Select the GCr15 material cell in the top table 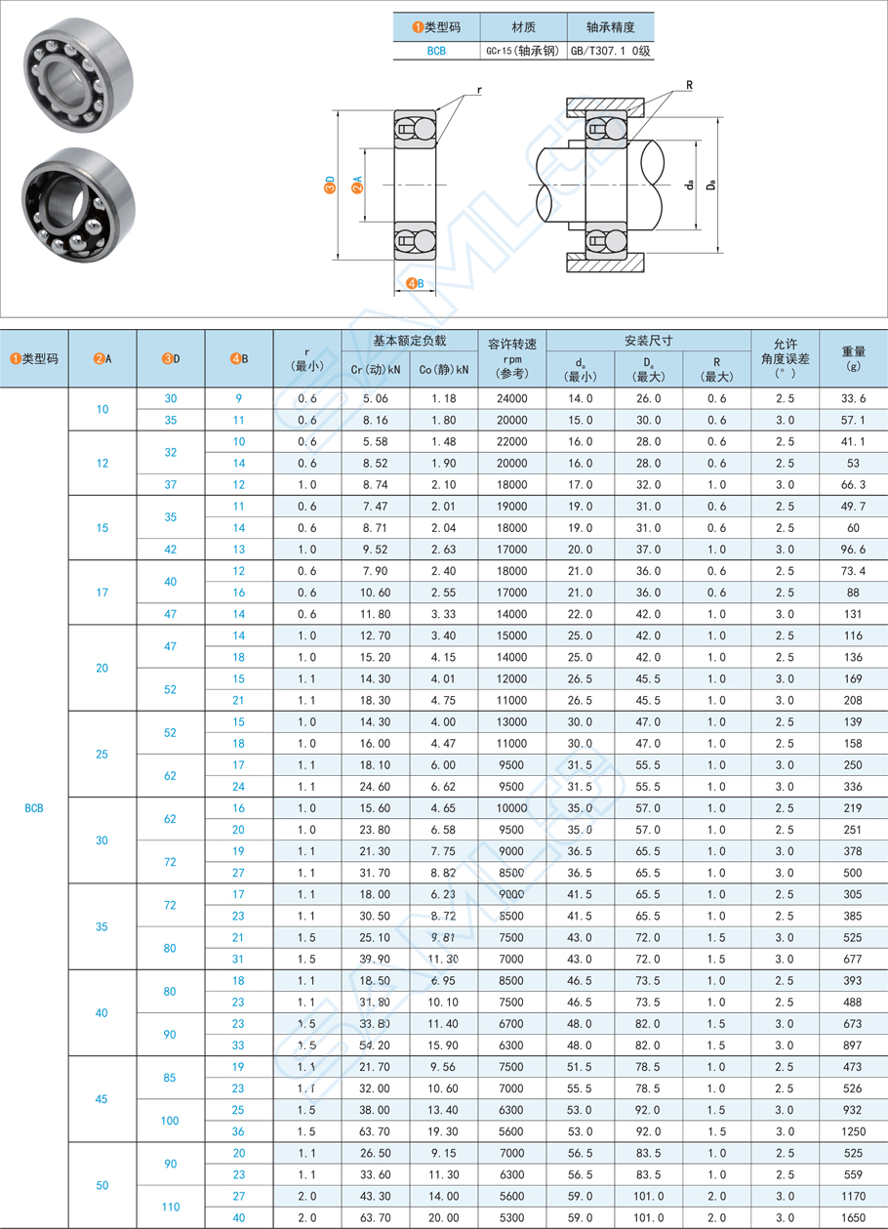click(x=523, y=51)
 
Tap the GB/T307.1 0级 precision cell click(x=610, y=51)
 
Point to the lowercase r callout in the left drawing click(x=479, y=91)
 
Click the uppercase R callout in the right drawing click(x=688, y=85)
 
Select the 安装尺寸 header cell click(x=648, y=341)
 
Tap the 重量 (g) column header click(x=853, y=358)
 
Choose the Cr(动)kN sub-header click(x=375, y=369)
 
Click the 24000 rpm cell click(x=511, y=398)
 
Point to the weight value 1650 click(x=853, y=1217)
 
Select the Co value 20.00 click(x=443, y=1217)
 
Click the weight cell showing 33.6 click(x=853, y=398)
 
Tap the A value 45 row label click(x=102, y=1099)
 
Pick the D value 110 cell click(x=171, y=1207)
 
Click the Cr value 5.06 click(x=375, y=398)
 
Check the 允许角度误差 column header click(x=785, y=358)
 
